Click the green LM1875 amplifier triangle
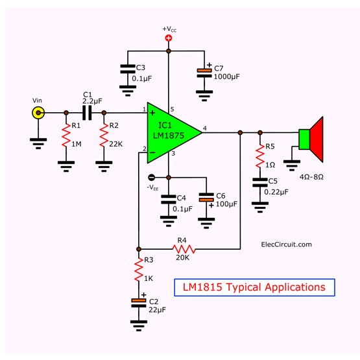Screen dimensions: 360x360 [170, 133]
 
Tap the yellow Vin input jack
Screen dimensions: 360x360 [38, 113]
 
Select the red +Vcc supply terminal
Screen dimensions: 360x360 [169, 38]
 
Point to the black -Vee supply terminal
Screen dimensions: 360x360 [152, 177]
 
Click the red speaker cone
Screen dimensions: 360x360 [317, 139]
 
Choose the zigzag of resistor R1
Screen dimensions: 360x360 [66, 135]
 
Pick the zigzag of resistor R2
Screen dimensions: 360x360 [104, 135]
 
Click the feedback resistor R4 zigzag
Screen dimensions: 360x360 [184, 249]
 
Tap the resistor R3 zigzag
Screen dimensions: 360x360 [139, 270]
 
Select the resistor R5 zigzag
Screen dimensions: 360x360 [260, 156]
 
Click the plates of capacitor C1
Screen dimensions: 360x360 [87, 113]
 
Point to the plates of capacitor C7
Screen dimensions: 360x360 [204, 73]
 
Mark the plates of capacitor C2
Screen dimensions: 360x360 [139, 303]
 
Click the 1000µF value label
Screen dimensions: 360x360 [226, 77]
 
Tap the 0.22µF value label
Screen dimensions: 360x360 [276, 192]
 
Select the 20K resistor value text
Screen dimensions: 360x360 [183, 258]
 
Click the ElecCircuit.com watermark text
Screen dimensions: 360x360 [287, 245]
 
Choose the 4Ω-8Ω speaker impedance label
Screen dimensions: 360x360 [311, 177]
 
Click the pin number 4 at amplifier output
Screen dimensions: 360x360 [205, 128]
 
